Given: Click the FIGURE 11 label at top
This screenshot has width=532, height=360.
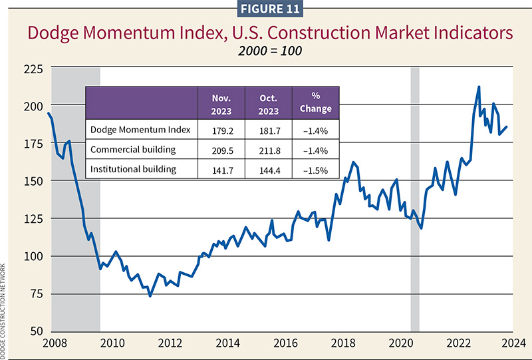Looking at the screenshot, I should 266,9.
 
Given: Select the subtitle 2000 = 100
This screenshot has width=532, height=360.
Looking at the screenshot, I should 266,51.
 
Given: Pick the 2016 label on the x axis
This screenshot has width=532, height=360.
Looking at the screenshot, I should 287,343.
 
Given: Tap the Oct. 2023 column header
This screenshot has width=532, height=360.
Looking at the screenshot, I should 268,102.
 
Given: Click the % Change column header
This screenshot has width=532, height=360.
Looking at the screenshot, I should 315,102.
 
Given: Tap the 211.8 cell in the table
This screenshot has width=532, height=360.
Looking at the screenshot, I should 268,149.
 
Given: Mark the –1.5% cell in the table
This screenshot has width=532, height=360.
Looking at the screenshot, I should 315,169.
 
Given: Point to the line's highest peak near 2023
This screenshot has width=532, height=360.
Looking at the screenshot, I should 479,87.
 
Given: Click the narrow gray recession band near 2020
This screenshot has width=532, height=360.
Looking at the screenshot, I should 414,200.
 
